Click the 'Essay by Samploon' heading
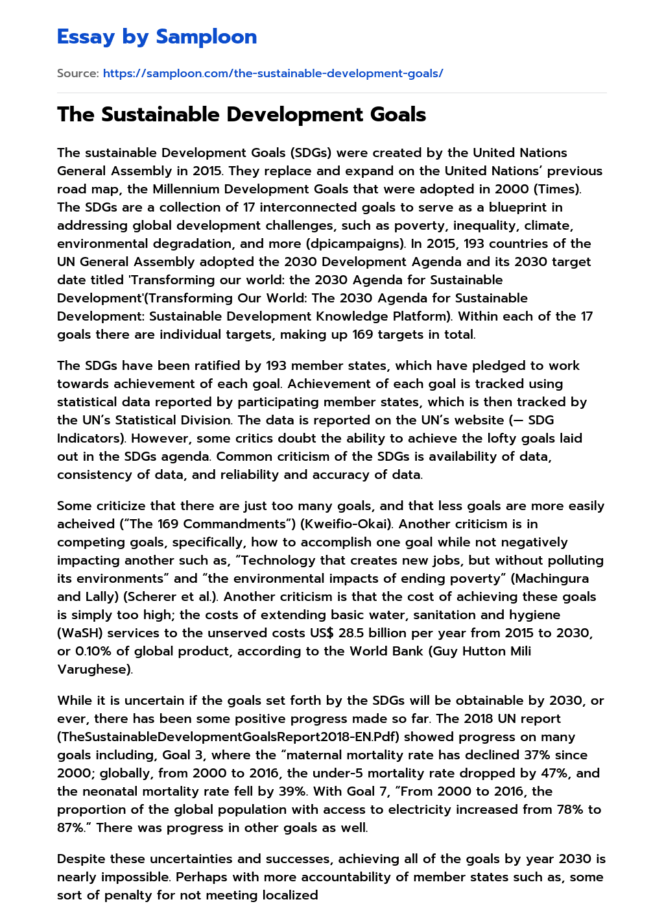(x=157, y=37)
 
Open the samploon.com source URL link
(x=273, y=73)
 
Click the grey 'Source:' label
(x=78, y=73)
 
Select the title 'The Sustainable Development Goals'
(x=241, y=114)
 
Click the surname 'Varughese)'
(x=95, y=669)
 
